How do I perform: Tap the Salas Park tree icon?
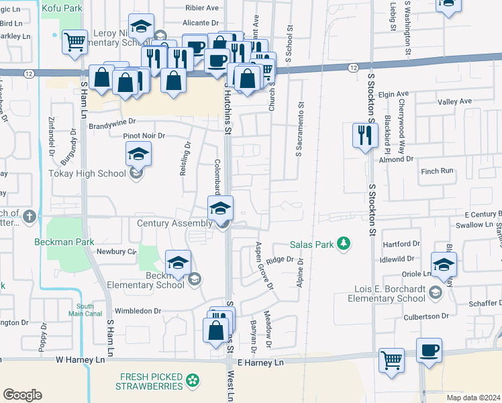[344, 243]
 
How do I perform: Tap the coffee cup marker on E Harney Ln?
[430, 351]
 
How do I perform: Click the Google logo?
[21, 395]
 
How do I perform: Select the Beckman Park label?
[64, 241]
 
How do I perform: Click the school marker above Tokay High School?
[138, 156]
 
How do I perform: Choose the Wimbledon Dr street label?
[139, 311]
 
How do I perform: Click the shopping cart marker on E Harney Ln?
[391, 360]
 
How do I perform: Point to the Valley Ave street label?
[455, 101]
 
